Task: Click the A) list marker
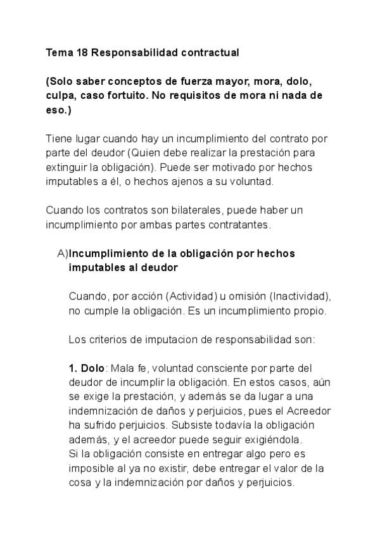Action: (62, 253)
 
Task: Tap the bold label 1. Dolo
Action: (86, 368)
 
